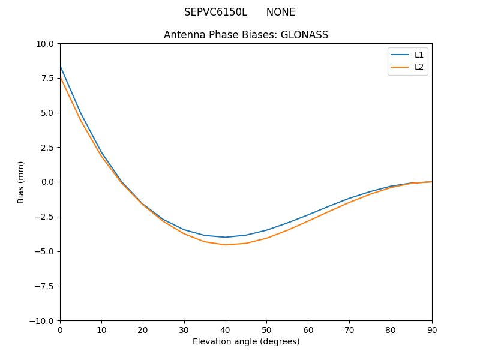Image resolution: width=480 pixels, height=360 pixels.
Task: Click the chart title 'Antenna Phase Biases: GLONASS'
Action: [x=246, y=35]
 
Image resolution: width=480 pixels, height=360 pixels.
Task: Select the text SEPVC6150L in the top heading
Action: [x=215, y=12]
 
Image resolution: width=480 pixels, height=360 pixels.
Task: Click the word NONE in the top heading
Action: [x=281, y=12]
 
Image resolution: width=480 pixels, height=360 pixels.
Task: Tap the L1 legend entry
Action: [x=419, y=55]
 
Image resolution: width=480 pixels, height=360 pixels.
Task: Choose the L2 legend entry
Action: [x=419, y=67]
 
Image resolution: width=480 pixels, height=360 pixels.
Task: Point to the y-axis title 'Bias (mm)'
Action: [x=21, y=182]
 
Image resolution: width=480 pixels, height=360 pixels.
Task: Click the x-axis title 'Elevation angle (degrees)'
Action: [x=246, y=342]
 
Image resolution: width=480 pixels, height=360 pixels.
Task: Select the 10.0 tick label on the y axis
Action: [x=44, y=43]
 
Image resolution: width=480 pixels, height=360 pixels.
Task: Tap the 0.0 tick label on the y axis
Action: [x=47, y=182]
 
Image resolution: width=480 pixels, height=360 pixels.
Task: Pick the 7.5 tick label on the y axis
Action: [x=47, y=78]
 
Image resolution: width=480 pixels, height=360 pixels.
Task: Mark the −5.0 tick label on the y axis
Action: [x=44, y=251]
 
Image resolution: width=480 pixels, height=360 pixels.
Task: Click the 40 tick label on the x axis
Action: [x=226, y=330]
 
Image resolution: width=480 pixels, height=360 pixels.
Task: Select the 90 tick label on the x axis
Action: [x=432, y=330]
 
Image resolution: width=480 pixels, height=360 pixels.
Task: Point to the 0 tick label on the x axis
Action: [x=60, y=330]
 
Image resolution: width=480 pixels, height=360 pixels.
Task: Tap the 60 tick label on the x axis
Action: [x=308, y=330]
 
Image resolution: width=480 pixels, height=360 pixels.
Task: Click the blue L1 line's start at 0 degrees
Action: [x=60, y=66]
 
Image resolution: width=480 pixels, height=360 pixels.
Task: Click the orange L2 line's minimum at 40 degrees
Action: [x=226, y=245]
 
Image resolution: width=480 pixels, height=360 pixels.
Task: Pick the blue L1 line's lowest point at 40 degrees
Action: [x=226, y=237]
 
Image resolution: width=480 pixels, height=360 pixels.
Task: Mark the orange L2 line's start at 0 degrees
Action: [x=60, y=77]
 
